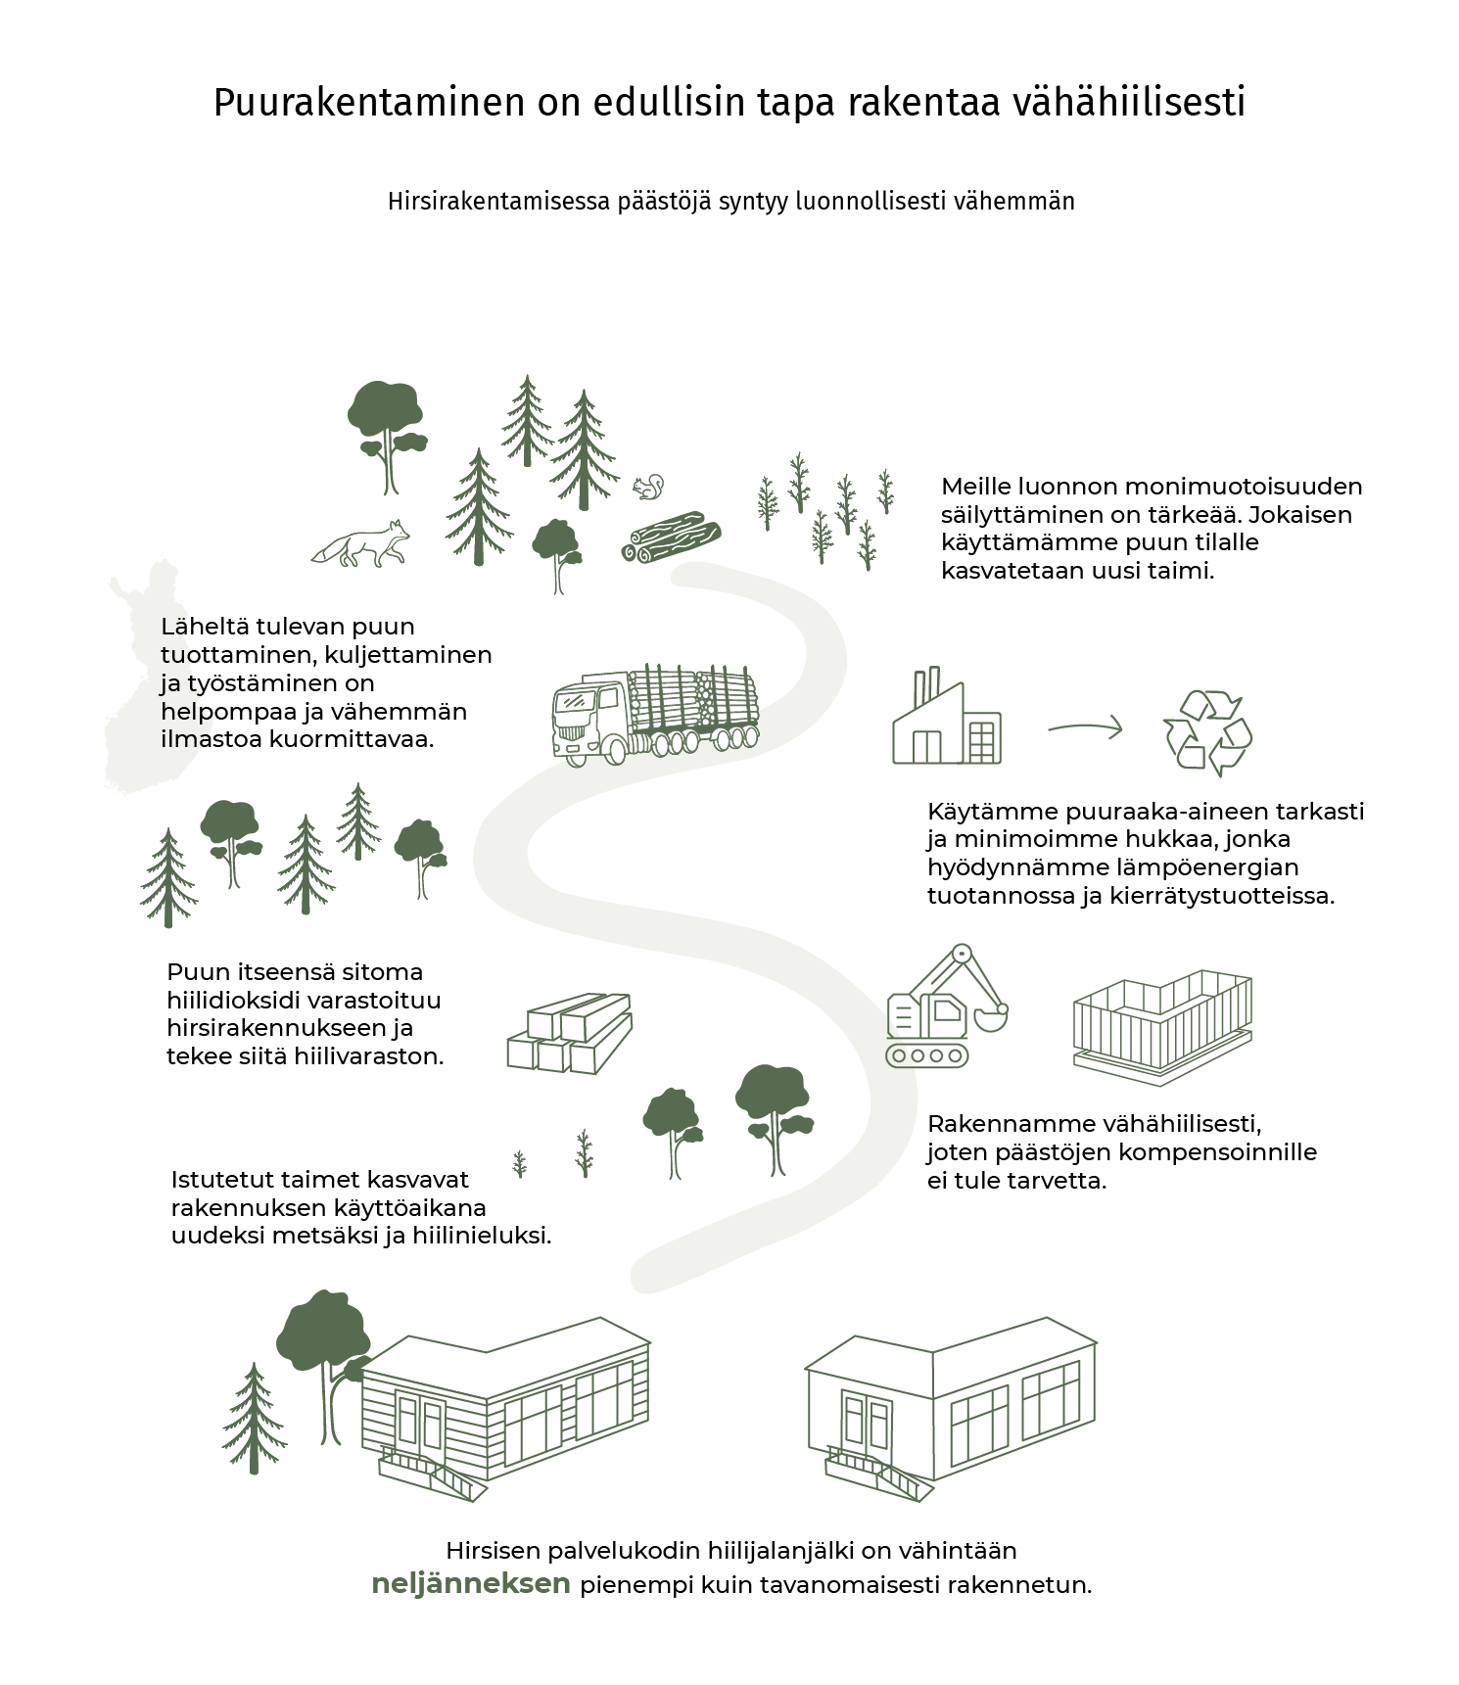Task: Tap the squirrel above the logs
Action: point(648,487)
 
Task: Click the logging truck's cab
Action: point(588,718)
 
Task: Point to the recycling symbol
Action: point(1207,732)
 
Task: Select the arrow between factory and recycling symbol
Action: point(1085,727)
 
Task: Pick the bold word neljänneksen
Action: point(471,1584)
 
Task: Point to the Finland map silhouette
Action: point(137,676)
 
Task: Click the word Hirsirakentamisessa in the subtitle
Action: point(498,202)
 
